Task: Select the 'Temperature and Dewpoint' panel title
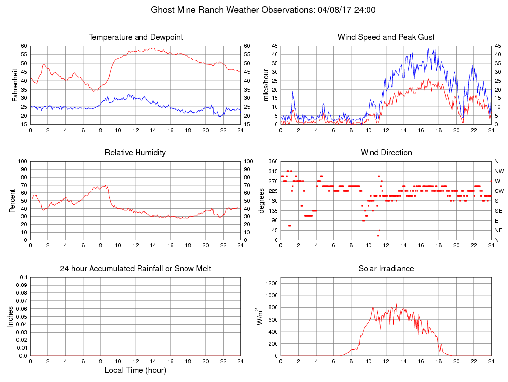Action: pos(136,37)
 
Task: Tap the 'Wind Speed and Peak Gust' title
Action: pos(386,37)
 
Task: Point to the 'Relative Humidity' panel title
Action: pos(136,153)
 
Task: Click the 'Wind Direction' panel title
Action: pos(386,153)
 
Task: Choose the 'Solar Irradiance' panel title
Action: pos(386,269)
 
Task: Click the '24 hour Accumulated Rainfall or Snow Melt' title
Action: pos(136,269)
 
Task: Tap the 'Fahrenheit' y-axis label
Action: pos(15,85)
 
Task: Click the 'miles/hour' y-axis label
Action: pos(266,85)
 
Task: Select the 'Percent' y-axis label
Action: pos(12,200)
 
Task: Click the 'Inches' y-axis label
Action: pos(11,317)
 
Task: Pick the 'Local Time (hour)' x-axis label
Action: pos(136,370)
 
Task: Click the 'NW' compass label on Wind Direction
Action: pos(499,171)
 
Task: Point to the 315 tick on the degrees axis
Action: pos(273,171)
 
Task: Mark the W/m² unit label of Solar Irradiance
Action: pos(260,317)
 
